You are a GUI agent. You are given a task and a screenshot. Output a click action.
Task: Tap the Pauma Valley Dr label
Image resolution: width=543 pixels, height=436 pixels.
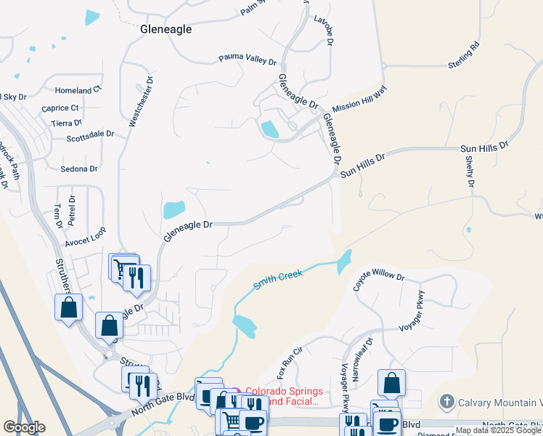pyautogui.click(x=248, y=59)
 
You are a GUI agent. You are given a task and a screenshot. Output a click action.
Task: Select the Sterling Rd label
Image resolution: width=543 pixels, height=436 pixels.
pyautogui.click(x=464, y=56)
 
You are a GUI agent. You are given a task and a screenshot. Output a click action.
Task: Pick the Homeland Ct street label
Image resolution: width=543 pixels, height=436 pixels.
pyautogui.click(x=78, y=91)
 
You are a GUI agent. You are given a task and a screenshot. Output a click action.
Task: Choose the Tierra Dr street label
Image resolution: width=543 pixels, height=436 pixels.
pyautogui.click(x=66, y=124)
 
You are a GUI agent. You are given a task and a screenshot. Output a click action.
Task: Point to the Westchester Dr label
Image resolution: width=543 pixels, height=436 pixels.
pyautogui.click(x=142, y=102)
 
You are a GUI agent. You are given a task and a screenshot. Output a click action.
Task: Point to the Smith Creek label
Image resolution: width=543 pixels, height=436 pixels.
pyautogui.click(x=277, y=280)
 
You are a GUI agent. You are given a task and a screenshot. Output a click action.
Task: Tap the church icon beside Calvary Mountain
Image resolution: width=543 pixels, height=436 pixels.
pyautogui.click(x=447, y=401)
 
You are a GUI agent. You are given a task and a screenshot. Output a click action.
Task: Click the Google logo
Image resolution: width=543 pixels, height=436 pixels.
pyautogui.click(x=25, y=427)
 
